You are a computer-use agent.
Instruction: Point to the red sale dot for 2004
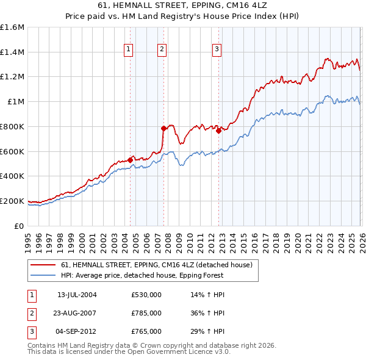(x=130, y=160)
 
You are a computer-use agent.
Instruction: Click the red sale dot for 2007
(x=163, y=128)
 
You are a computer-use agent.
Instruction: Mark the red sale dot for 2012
(x=218, y=130)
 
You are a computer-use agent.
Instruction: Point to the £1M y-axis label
(x=15, y=102)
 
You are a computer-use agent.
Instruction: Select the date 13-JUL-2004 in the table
(x=77, y=295)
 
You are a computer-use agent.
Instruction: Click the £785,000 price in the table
(x=146, y=313)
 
